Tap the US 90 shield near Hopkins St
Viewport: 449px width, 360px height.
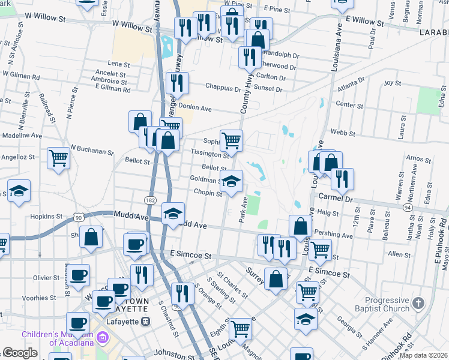(78, 215)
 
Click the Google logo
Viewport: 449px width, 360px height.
(20, 353)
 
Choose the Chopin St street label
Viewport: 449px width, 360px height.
(208, 192)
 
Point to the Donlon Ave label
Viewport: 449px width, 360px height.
(196, 109)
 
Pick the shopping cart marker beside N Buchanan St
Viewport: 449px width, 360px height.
(59, 158)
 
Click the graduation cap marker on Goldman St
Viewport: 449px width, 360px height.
(231, 181)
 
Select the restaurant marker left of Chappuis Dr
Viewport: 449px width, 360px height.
(176, 83)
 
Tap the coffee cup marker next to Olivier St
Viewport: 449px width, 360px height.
(78, 275)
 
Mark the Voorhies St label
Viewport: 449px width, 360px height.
(48, 298)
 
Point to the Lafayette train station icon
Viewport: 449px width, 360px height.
(145, 322)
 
